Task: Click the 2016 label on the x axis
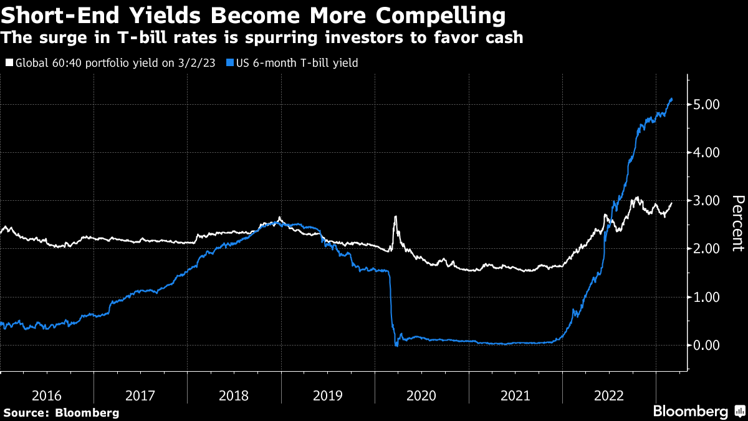(x=47, y=395)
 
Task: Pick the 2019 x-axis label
(x=328, y=395)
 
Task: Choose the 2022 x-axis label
(x=608, y=395)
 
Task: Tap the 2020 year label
(x=421, y=395)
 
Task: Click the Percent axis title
(x=737, y=223)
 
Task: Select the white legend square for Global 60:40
(x=9, y=63)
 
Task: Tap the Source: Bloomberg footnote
(x=61, y=412)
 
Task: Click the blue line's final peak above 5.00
(x=671, y=99)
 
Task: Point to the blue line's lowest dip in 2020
(x=396, y=345)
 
